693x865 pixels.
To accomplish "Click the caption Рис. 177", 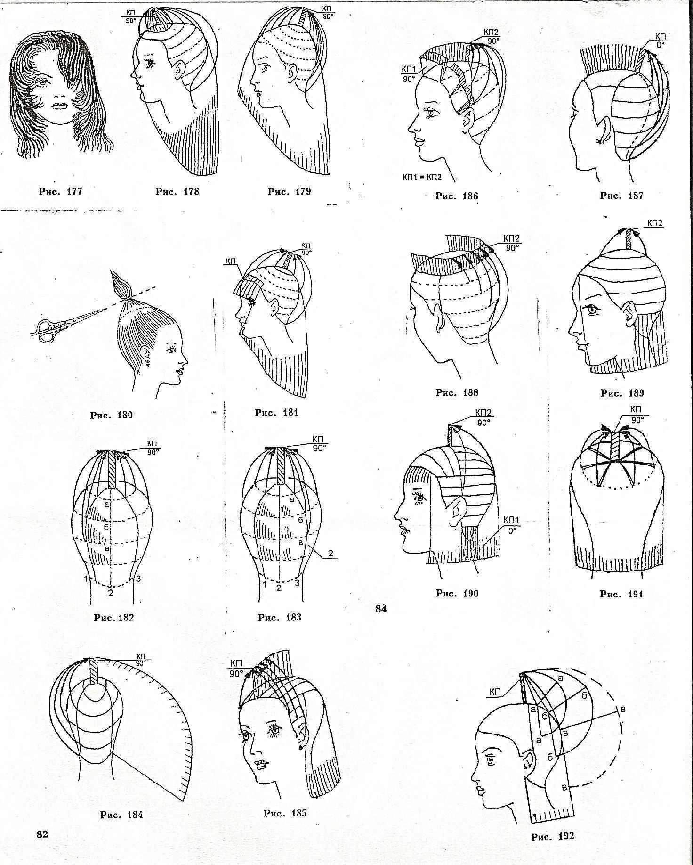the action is [61, 191].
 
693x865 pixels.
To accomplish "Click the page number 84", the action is [381, 609].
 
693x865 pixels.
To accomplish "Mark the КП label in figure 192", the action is [495, 692].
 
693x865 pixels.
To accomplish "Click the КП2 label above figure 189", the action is [655, 223].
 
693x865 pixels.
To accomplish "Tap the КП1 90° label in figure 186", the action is [408, 74].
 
